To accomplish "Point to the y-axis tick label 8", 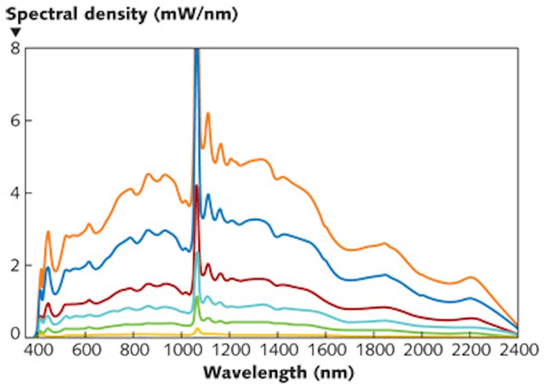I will pyautogui.click(x=16, y=49).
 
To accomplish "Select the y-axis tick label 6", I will pyautogui.click(x=16, y=120).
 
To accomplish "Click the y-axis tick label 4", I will pyautogui.click(x=16, y=193).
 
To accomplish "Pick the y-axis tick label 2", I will pyautogui.click(x=16, y=265).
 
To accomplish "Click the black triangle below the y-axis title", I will pyautogui.click(x=16, y=32).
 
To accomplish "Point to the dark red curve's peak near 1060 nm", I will pyautogui.click(x=197, y=186).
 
